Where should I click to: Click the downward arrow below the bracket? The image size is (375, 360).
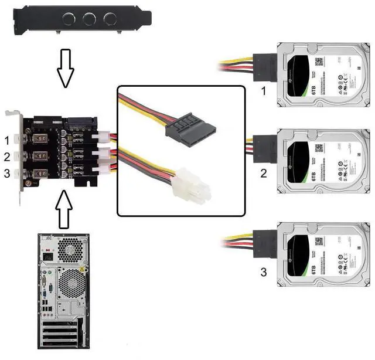[65, 66]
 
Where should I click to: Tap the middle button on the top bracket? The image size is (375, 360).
[88, 19]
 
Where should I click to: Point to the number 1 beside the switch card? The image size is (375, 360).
[6, 141]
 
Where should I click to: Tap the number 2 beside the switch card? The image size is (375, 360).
[6, 157]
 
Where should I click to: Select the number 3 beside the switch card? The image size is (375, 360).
[6, 174]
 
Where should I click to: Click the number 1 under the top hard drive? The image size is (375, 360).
[263, 91]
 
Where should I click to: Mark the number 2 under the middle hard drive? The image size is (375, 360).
[263, 174]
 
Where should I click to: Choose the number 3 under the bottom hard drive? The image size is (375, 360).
[263, 272]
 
